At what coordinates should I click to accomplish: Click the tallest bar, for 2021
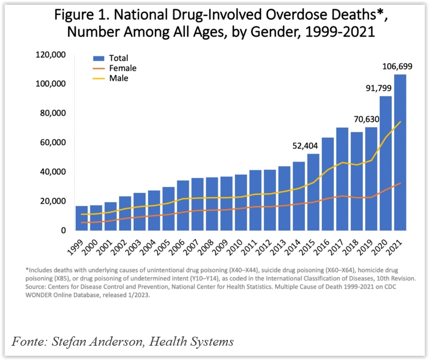pos(399,154)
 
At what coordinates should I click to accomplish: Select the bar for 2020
pos(385,164)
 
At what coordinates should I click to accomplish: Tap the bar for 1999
pos(82,218)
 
